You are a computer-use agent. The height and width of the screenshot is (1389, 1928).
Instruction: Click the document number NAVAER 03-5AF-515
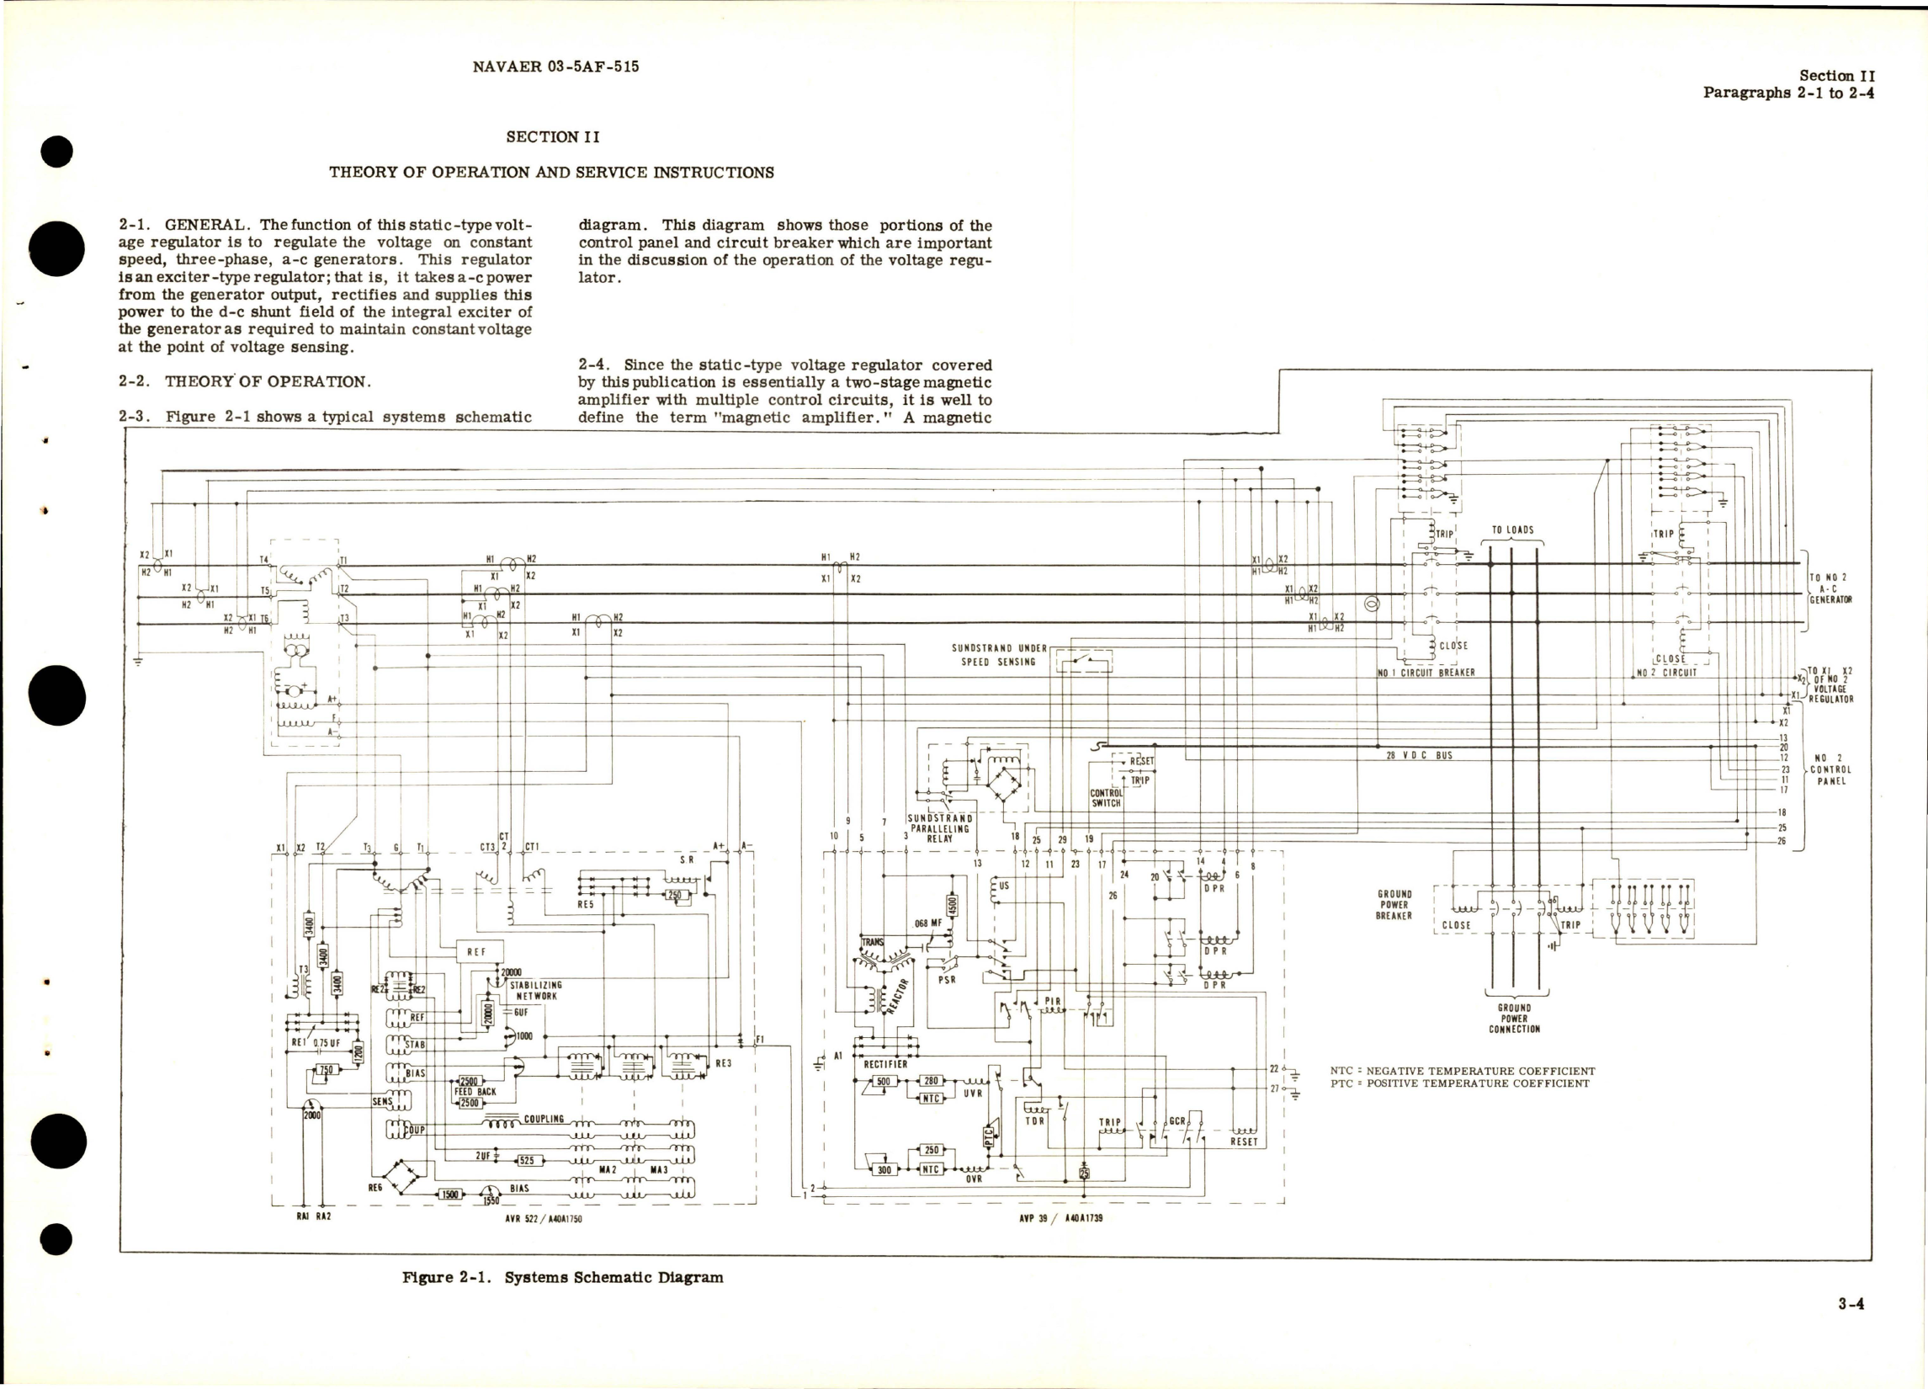[555, 67]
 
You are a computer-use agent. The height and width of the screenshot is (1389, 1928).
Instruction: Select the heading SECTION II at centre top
[554, 136]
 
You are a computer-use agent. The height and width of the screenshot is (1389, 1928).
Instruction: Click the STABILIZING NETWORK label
[534, 990]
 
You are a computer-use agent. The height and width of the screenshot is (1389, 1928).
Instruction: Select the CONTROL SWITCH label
[1106, 798]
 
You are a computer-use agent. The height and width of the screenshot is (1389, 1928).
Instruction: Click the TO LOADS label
[1513, 530]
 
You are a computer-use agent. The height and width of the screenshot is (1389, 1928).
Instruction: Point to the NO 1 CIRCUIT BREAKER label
[1426, 672]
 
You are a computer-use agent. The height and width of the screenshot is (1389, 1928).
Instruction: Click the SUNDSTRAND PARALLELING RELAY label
[940, 828]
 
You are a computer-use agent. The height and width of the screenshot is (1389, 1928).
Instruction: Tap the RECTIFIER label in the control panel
[886, 1063]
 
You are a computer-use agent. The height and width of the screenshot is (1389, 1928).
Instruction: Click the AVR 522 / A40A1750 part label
[543, 1218]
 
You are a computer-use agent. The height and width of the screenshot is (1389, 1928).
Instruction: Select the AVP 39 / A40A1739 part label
[1060, 1218]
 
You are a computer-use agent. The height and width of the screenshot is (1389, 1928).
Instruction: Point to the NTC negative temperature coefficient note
[1462, 1071]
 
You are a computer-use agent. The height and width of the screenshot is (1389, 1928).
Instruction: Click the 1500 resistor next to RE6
[449, 1195]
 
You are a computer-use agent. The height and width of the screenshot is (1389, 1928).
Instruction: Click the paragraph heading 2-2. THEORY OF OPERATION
[245, 381]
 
